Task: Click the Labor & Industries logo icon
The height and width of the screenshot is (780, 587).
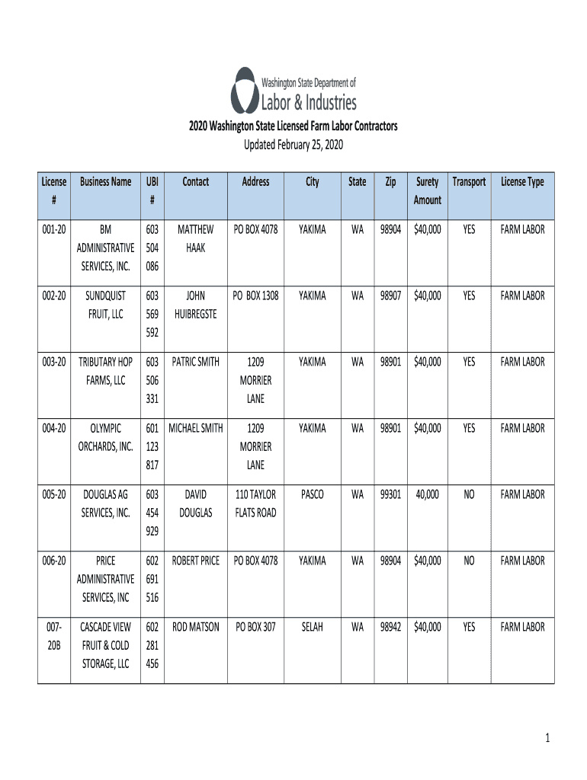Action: (x=245, y=90)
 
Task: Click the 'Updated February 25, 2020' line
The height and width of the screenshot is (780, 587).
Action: (x=293, y=145)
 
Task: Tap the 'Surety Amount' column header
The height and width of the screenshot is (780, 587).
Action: (x=427, y=190)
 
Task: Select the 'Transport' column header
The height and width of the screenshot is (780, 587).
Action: (x=469, y=182)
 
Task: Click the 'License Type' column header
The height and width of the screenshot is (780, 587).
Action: (x=522, y=182)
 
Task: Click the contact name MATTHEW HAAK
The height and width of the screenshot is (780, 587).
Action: (x=196, y=238)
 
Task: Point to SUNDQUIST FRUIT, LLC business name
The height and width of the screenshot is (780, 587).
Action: (x=106, y=305)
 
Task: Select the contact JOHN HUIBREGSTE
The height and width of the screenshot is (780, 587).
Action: (x=196, y=305)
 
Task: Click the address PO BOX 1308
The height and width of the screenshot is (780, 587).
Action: (x=255, y=296)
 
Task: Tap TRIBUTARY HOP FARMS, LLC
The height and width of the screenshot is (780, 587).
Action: (x=106, y=371)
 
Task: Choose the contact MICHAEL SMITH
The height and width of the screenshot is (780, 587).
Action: (x=196, y=428)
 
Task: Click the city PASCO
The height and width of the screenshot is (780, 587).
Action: (x=312, y=494)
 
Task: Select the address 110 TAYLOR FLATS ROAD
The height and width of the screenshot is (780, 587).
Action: (x=255, y=503)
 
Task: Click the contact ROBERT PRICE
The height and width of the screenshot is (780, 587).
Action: (x=196, y=561)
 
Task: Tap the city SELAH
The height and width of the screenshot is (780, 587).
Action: (x=312, y=627)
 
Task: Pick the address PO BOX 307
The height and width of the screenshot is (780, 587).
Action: (x=255, y=627)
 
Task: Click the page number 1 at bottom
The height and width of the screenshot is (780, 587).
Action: (x=547, y=738)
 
